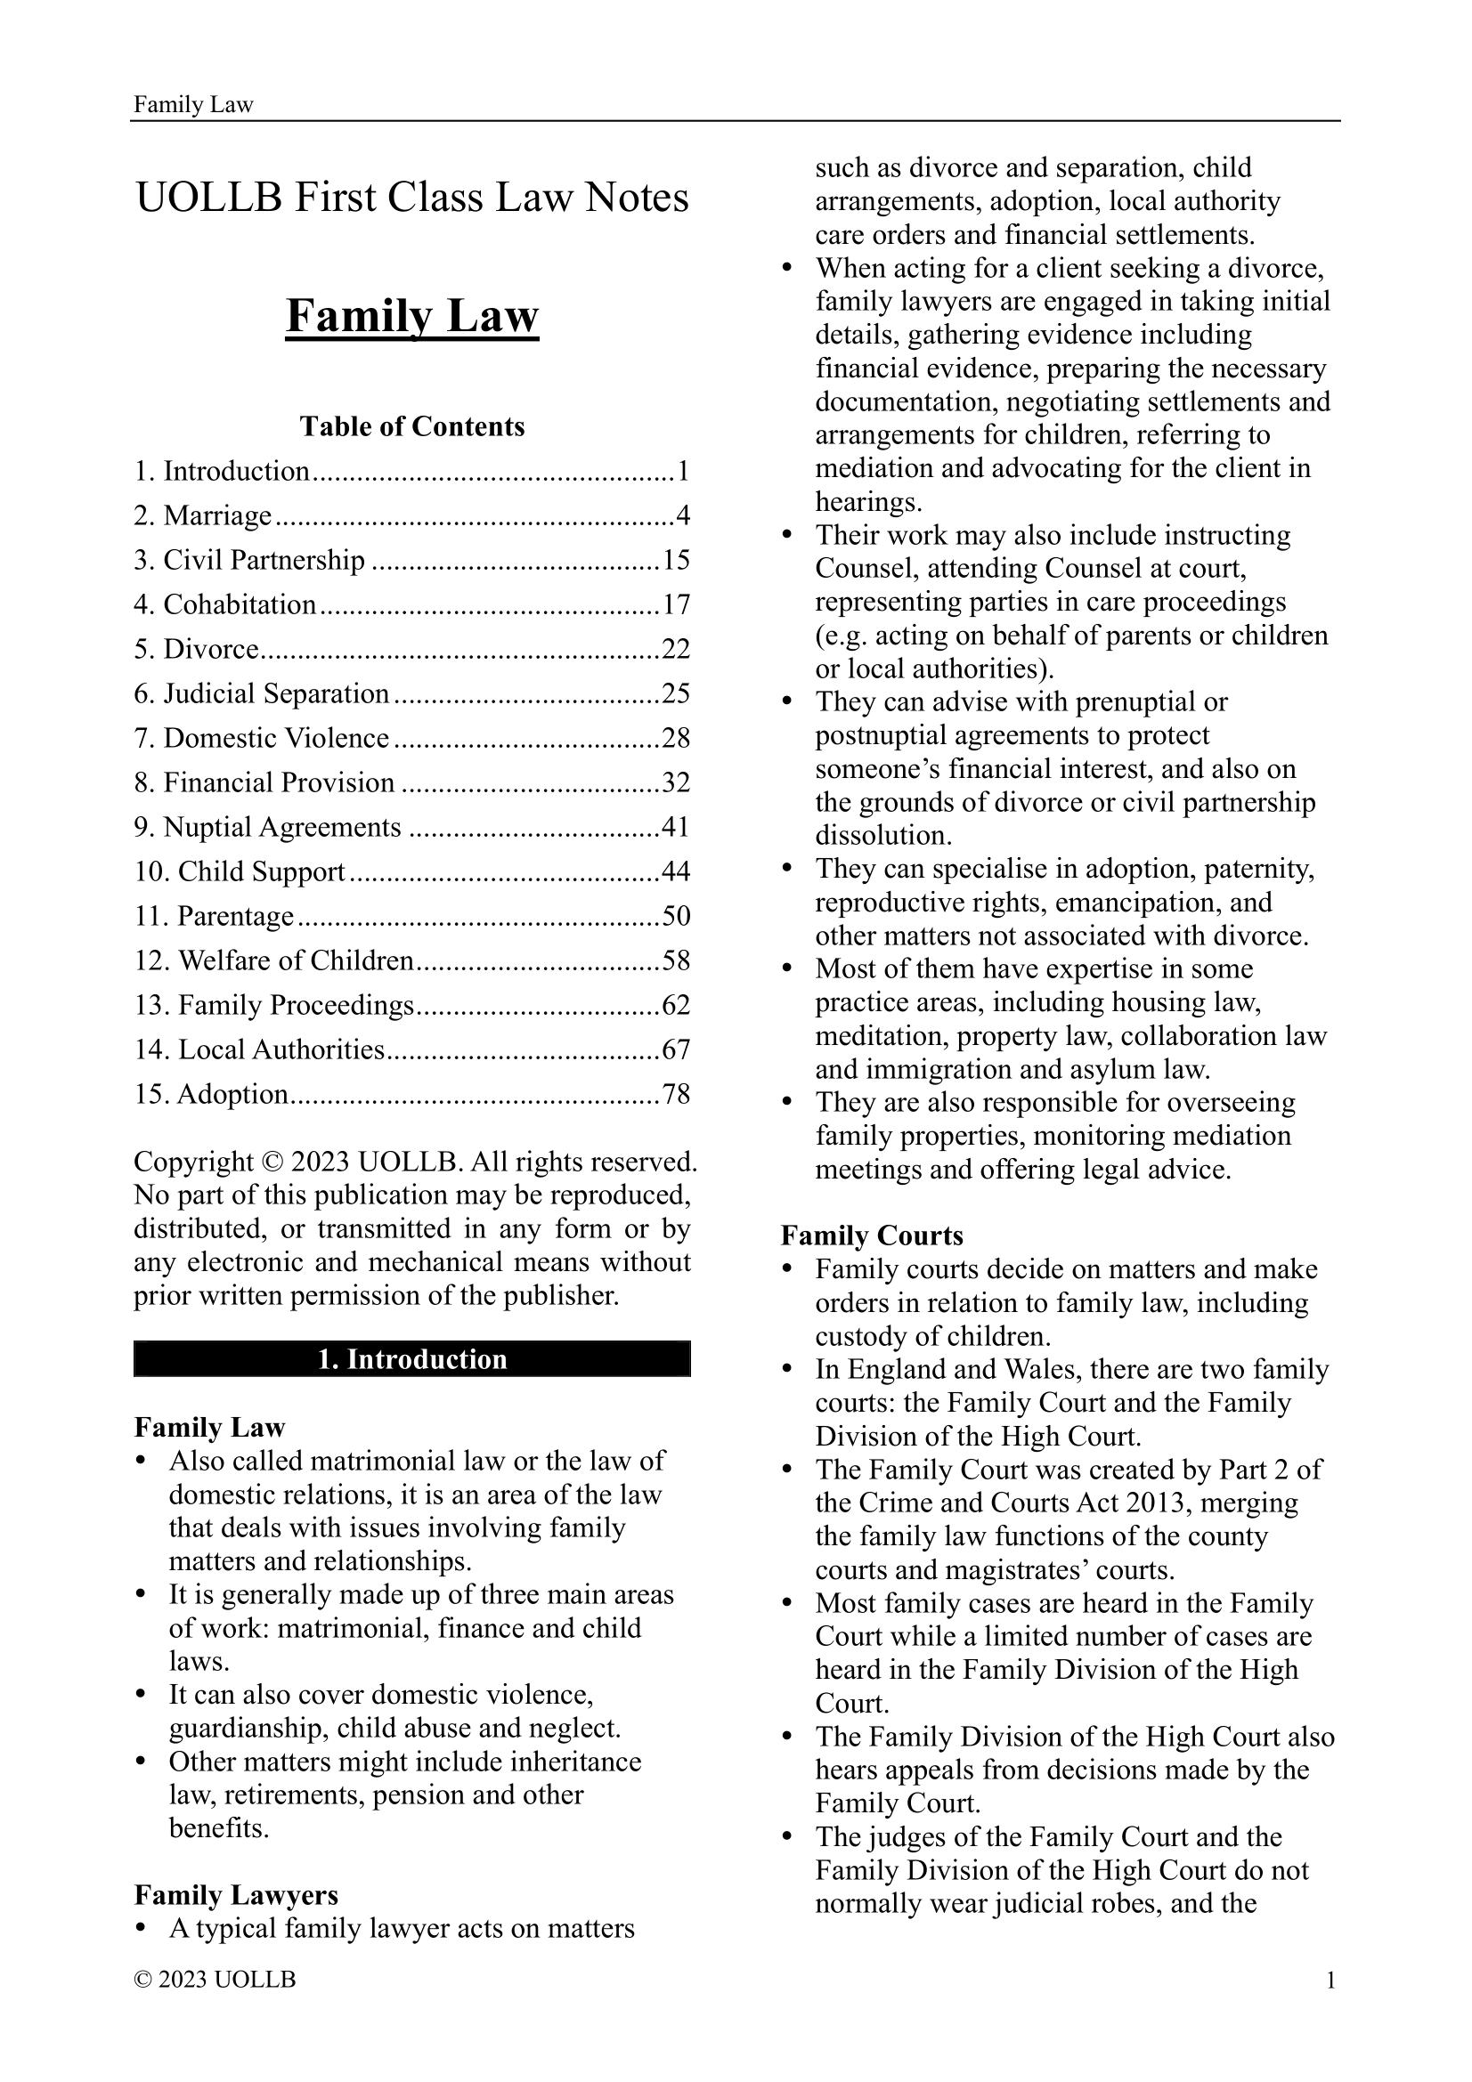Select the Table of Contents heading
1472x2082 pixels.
411,426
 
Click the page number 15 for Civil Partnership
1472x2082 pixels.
676,560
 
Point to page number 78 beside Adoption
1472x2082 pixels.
676,1095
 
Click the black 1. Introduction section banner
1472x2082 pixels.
411,1359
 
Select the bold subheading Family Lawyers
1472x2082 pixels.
236,1895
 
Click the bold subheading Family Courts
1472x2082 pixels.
872,1236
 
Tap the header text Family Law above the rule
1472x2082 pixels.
193,105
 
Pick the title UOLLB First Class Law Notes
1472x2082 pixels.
411,198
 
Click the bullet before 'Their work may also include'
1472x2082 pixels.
788,536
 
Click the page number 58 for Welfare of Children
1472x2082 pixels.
676,960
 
